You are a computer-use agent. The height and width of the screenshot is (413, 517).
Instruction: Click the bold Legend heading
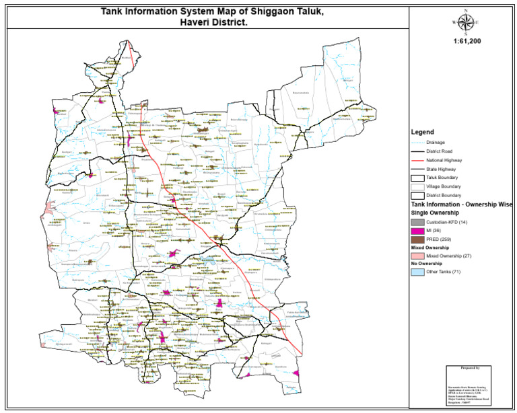pyautogui.click(x=422, y=132)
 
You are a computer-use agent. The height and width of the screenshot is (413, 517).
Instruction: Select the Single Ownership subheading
pyautogui.click(x=434, y=212)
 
